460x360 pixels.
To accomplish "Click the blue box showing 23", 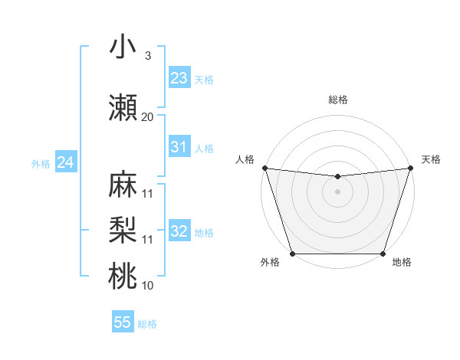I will click(x=179, y=78).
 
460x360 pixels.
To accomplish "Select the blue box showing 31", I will click(x=179, y=147).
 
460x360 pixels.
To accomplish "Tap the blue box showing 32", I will click(x=179, y=231).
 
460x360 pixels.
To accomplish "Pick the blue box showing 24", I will click(x=66, y=162).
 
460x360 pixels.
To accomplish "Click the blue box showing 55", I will click(x=123, y=322).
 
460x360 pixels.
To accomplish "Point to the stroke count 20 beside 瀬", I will click(x=147, y=117).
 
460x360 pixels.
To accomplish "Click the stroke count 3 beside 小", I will click(x=147, y=56).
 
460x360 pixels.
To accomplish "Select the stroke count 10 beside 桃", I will click(x=147, y=286).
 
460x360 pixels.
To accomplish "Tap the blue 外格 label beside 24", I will click(x=41, y=164).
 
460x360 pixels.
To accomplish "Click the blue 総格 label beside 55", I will click(x=147, y=324).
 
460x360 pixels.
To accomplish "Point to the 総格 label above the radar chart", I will click(x=337, y=100).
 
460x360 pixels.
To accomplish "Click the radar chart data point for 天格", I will click(x=410, y=168).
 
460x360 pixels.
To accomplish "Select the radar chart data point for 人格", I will click(x=264, y=168).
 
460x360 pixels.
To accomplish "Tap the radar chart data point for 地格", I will click(x=383, y=254).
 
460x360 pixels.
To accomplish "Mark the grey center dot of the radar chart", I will click(x=337, y=191).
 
